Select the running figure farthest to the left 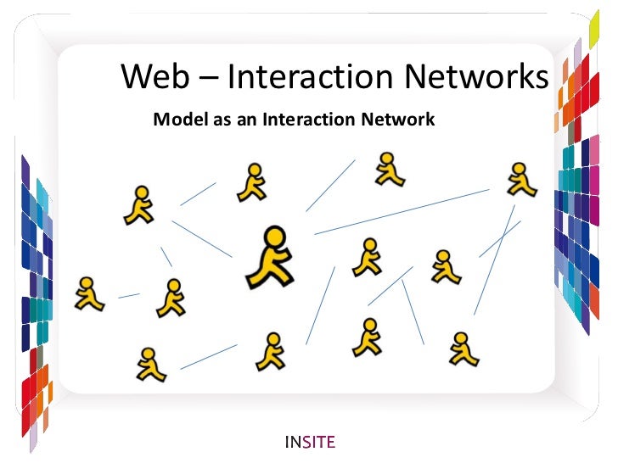click(x=87, y=293)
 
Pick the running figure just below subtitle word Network click(x=389, y=170)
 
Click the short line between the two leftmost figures click(x=129, y=296)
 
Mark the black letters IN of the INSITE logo click(x=293, y=441)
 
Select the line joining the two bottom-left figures click(x=208, y=356)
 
